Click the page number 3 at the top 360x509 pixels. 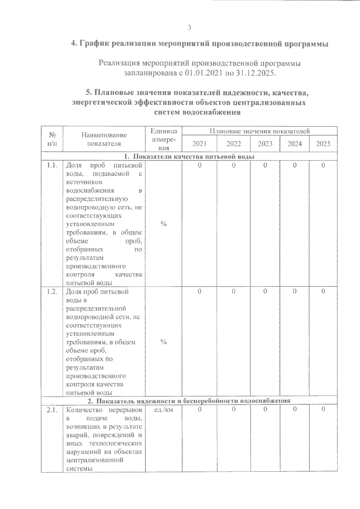pos(189,28)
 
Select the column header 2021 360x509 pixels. pos(199,144)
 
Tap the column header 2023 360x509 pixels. pos(265,144)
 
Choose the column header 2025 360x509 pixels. pos(323,144)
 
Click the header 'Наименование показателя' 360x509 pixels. pos(104,139)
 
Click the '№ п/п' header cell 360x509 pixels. pos(52,139)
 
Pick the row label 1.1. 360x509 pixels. pos(52,165)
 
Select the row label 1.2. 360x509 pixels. pos(52,292)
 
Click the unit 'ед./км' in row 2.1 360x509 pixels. pos(163,410)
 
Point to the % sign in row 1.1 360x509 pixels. pos(163,224)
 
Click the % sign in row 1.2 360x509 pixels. pos(163,342)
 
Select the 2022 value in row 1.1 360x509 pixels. pos(233,165)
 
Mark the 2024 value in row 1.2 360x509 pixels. pos(294,291)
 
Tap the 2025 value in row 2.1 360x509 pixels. pos(323,409)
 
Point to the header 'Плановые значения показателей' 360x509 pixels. pos(259,131)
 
